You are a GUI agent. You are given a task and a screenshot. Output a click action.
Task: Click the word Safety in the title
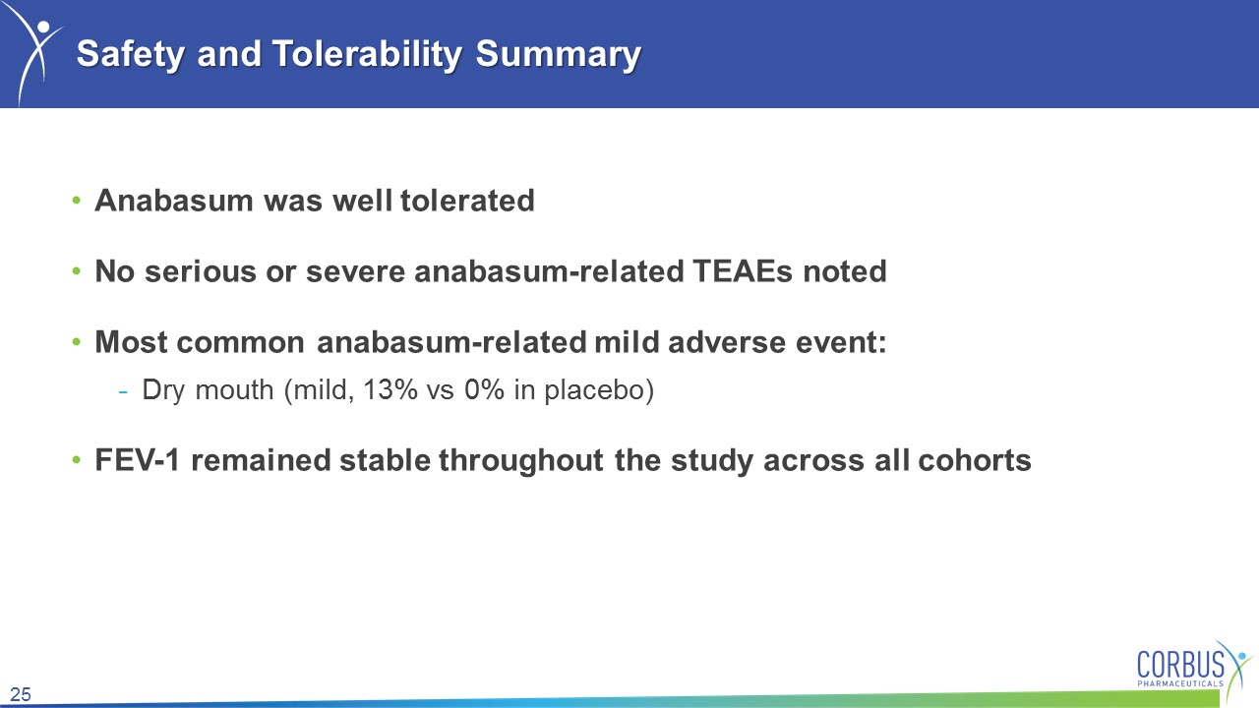pos(131,55)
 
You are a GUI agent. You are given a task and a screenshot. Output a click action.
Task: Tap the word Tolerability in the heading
pos(367,55)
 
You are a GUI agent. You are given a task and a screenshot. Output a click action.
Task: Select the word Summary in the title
pos(558,55)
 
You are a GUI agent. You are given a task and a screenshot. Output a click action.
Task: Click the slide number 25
pos(21,694)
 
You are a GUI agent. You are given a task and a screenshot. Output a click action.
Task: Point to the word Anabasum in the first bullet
pos(174,201)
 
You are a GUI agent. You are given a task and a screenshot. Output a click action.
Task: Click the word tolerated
pos(467,201)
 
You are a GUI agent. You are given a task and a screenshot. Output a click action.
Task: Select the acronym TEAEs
pos(743,271)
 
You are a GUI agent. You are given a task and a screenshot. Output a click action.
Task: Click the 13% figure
pos(390,390)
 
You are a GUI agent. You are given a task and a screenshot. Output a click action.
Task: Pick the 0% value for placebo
pos(485,390)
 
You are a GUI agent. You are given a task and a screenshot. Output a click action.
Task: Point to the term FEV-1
pos(138,460)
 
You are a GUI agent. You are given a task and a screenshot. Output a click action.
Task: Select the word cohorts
pos(975,460)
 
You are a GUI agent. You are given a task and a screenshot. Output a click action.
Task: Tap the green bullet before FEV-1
pos(77,461)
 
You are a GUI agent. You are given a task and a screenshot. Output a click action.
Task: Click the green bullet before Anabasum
pos(77,201)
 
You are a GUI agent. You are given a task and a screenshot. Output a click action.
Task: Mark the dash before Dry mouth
pos(123,391)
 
